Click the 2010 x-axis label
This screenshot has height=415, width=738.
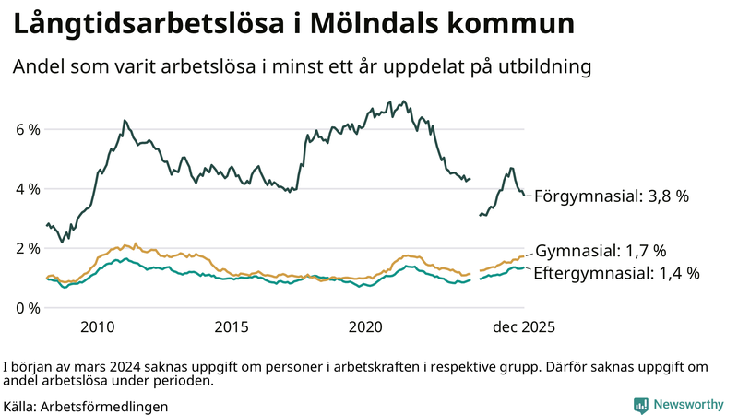tap(98, 327)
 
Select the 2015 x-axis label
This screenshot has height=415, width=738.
tap(232, 327)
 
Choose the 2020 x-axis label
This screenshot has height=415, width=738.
tap(366, 327)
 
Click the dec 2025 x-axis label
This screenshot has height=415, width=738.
tap(522, 327)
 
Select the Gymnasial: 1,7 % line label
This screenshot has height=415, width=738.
tap(601, 251)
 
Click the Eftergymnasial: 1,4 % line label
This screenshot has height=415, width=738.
tap(616, 273)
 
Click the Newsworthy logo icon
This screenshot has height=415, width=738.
tap(640, 405)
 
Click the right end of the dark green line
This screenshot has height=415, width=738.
tap(525, 195)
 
